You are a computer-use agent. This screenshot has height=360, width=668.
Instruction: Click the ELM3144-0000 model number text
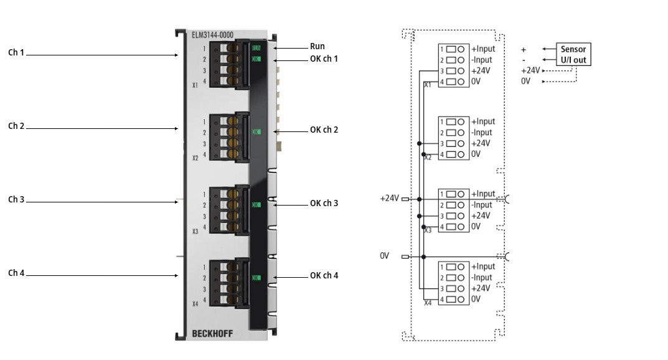pos(213,36)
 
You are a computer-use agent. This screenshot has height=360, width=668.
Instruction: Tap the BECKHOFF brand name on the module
pos(212,334)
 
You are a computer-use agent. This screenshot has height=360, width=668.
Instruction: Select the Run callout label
pos(317,46)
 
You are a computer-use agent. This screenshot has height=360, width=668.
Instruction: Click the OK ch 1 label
pos(324,59)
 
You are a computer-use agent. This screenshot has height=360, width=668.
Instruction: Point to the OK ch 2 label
pos(324,130)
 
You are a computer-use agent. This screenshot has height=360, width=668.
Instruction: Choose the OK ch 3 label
pos(324,203)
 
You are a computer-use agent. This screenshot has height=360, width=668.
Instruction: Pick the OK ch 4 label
pos(324,275)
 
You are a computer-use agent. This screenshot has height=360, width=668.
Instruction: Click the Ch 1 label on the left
pos(16,53)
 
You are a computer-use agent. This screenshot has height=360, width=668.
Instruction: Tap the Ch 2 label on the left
pos(16,126)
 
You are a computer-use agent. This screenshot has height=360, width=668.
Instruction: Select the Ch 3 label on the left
pos(16,199)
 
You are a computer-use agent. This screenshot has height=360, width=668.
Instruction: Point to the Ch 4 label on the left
pos(16,273)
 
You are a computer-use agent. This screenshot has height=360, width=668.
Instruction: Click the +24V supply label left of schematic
pos(389,199)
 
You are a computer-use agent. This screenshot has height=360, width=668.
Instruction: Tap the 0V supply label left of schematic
pos(385,255)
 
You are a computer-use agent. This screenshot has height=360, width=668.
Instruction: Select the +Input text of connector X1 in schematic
pos(483,49)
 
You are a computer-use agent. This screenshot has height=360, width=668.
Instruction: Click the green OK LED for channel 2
pos(256,131)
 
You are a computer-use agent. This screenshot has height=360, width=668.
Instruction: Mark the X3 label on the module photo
pos(195,231)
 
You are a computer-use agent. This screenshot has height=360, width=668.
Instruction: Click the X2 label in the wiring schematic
pos(428,158)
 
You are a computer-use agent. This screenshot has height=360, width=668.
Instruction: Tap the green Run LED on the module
pos(256,47)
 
